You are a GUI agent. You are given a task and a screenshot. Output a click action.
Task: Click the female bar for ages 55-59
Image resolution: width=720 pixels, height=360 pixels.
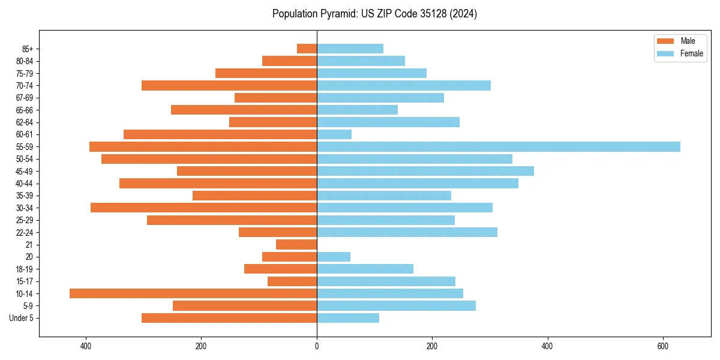[498, 146]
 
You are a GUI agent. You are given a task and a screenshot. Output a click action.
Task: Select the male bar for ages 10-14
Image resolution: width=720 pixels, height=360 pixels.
[193, 293]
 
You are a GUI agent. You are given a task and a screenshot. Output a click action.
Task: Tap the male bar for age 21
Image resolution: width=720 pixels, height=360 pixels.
[296, 244]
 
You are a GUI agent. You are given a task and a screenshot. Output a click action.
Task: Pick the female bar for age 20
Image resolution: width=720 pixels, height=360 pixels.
[334, 257]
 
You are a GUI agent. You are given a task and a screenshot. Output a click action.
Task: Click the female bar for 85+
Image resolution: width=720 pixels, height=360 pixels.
[350, 49]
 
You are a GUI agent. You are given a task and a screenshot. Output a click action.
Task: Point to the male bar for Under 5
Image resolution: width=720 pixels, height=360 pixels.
[229, 318]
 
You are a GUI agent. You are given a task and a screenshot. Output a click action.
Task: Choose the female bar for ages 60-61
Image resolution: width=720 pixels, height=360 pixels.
[334, 134]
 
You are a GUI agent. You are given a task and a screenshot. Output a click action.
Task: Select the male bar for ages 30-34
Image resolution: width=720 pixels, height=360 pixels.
[204, 208]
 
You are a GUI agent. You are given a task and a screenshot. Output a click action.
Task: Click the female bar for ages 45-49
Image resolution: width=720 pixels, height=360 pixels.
[425, 171]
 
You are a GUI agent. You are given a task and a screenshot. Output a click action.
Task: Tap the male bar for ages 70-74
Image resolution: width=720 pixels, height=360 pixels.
[229, 85]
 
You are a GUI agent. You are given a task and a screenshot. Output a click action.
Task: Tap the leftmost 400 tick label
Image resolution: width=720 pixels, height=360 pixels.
[86, 346]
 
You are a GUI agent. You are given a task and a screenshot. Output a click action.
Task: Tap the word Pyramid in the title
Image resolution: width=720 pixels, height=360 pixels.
[338, 14]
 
